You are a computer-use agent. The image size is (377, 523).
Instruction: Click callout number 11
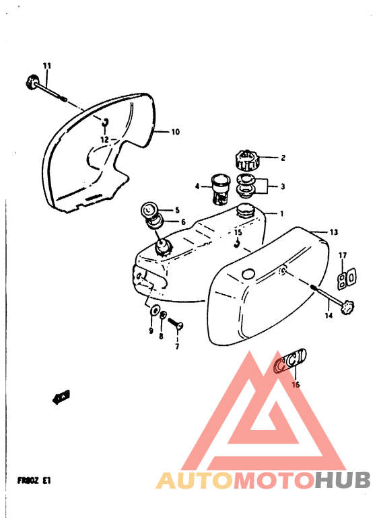(47, 65)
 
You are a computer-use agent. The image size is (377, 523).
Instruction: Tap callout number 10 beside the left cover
(175, 133)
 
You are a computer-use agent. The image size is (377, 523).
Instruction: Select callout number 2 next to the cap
(283, 159)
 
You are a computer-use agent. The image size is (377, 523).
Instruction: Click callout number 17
(342, 255)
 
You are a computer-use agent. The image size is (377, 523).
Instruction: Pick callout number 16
(295, 385)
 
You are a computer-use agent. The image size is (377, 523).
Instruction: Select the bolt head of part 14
(347, 306)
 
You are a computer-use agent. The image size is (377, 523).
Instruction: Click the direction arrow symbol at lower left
(62, 398)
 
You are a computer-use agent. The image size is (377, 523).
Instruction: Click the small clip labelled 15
(236, 245)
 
